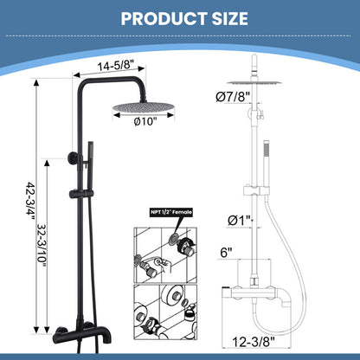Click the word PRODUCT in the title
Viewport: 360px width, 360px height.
click(152, 19)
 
